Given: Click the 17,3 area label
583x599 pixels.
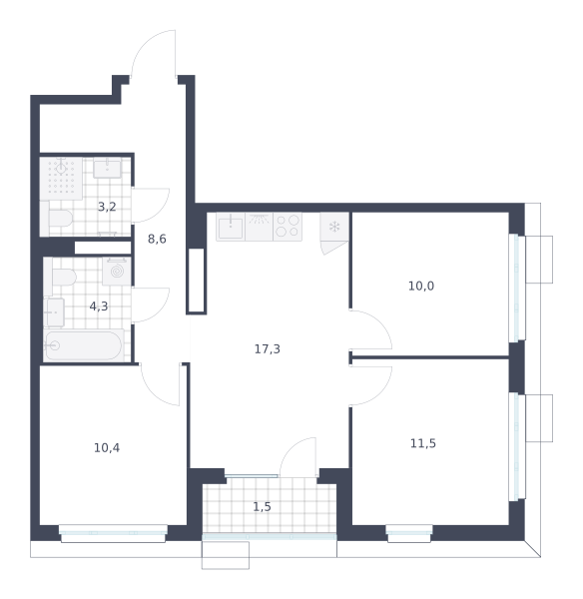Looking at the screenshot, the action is [x=268, y=348].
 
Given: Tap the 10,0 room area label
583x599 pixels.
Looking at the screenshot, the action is [x=421, y=286].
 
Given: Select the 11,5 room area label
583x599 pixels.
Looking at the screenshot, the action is [x=423, y=443].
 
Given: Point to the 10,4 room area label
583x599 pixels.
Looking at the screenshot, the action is [x=107, y=447].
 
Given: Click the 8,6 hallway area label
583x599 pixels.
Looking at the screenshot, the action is [x=157, y=239].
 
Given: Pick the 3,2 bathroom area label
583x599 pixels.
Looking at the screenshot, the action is [x=107, y=207].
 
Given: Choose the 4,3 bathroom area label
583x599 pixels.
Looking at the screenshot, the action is [x=99, y=306].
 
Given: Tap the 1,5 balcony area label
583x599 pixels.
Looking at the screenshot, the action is [x=263, y=506].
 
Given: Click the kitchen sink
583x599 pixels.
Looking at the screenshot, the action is [x=231, y=227].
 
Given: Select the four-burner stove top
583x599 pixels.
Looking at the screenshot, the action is [x=288, y=227].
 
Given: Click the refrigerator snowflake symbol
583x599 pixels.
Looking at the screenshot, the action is [x=334, y=227].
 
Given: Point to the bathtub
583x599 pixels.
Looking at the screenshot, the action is [x=84, y=345].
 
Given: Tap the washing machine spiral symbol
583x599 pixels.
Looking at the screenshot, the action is [x=117, y=272].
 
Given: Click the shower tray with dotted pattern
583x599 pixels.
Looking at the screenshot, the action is [x=61, y=179].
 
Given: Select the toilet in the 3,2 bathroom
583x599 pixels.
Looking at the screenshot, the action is [x=60, y=218].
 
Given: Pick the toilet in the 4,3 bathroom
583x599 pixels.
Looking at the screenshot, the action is [x=60, y=277].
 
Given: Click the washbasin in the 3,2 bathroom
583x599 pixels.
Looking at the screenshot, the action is [x=108, y=168].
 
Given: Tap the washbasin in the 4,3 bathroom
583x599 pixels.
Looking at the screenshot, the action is [x=54, y=312].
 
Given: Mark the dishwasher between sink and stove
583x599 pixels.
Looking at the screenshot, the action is [x=259, y=227].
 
